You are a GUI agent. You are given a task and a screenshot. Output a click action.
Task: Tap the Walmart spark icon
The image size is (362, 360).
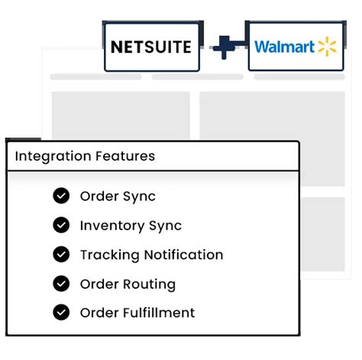[328, 47]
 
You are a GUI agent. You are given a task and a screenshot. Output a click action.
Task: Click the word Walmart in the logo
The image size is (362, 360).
[284, 47]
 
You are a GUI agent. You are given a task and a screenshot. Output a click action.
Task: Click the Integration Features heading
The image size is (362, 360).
[85, 157]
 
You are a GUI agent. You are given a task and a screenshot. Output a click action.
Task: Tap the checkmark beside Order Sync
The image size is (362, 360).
[61, 196]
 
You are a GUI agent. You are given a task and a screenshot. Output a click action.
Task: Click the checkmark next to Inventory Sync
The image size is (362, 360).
[61, 225]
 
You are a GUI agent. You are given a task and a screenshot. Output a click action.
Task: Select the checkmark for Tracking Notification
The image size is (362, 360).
[61, 255]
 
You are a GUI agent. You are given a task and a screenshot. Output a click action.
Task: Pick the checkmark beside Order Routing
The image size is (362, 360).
[61, 284]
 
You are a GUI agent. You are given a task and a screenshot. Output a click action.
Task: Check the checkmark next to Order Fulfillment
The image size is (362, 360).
[61, 313]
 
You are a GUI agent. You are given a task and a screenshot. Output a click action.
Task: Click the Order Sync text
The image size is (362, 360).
[118, 196]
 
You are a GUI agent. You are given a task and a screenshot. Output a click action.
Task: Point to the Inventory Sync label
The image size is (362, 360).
[131, 225]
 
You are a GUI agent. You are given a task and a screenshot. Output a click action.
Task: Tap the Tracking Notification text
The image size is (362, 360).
[151, 255]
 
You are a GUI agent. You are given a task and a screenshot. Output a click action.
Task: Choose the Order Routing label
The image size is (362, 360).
[128, 284]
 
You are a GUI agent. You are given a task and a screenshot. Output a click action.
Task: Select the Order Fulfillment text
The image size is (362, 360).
[137, 313]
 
